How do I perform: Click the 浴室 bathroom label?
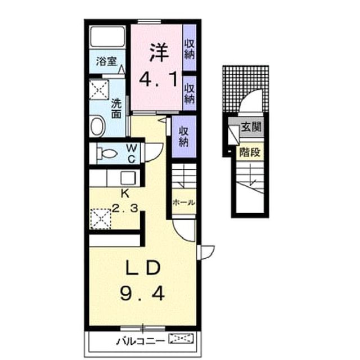point(106,61)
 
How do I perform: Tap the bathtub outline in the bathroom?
point(107,37)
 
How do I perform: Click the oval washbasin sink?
point(98,126)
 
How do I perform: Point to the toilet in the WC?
point(107,154)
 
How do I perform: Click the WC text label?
point(132,154)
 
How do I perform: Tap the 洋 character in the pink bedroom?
point(159,52)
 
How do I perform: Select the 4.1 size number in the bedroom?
point(159,79)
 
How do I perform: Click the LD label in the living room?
point(143,268)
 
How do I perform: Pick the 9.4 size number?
point(142,294)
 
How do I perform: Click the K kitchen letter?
point(125,194)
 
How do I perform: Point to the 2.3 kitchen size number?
point(125,209)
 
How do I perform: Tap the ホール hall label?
point(184,202)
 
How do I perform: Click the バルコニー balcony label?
point(141,341)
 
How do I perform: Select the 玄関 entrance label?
point(251,127)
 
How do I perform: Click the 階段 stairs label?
point(250,152)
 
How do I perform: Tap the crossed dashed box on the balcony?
point(181,339)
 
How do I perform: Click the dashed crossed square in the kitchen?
point(101,219)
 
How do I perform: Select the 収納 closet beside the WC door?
point(184,136)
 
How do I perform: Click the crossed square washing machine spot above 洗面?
point(99,90)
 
